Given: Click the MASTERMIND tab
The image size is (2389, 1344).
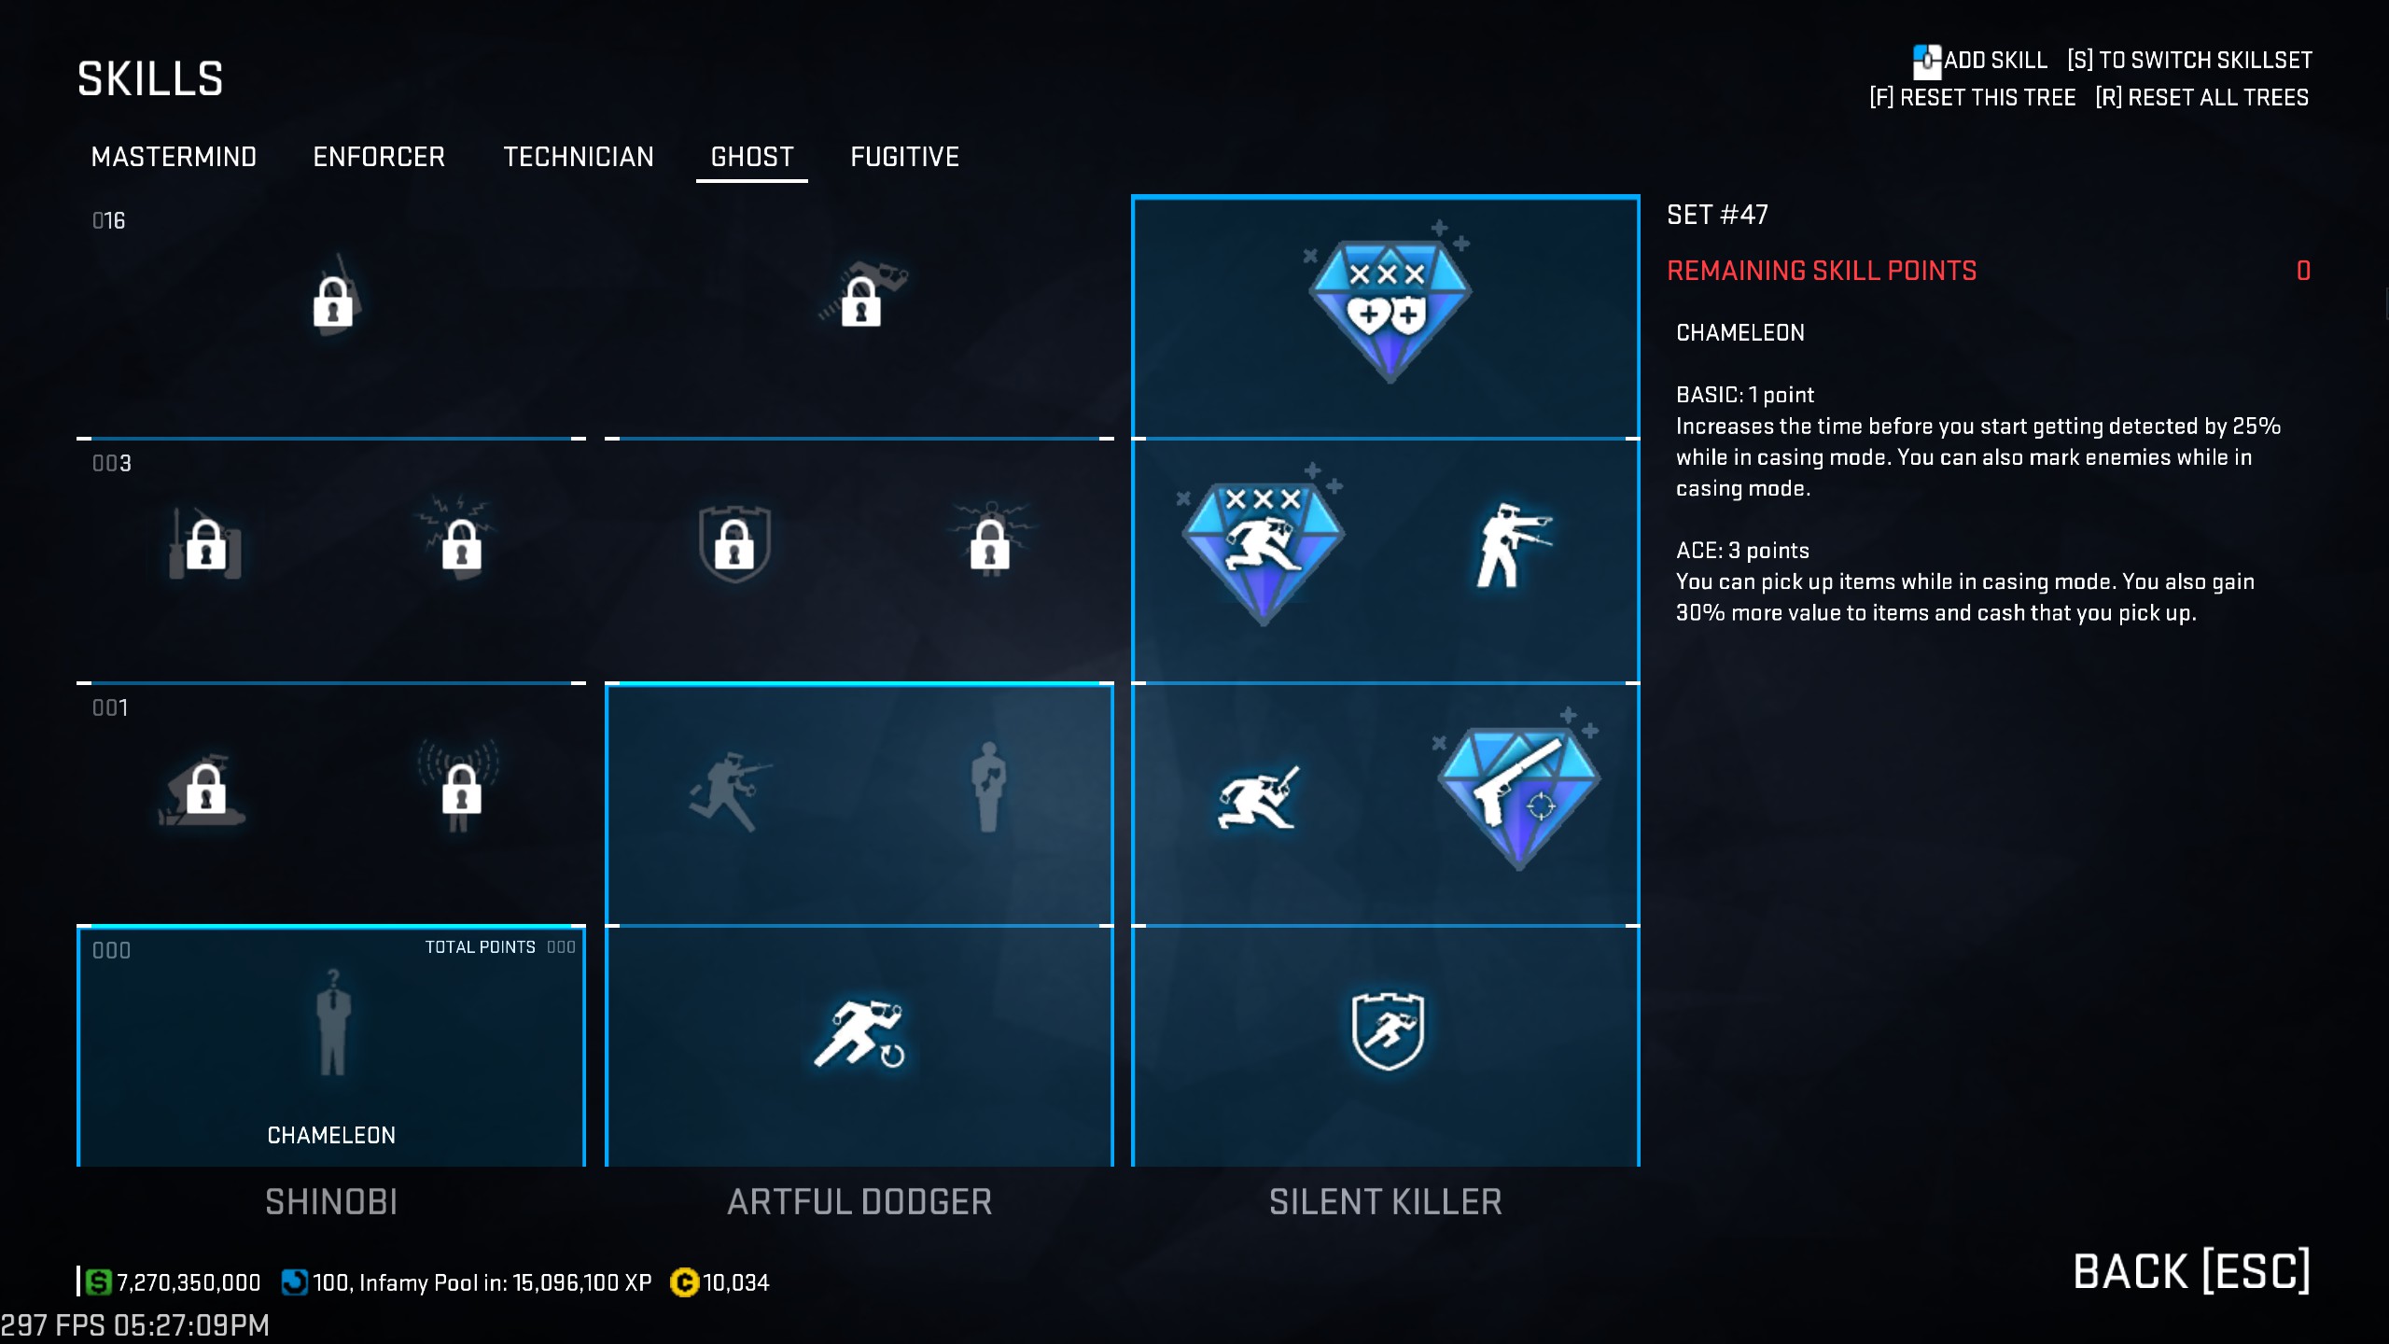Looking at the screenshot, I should pyautogui.click(x=174, y=157).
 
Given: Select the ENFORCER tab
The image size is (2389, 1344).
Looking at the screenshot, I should pyautogui.click(x=379, y=157).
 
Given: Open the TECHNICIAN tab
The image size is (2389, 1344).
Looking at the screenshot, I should pyautogui.click(x=579, y=157).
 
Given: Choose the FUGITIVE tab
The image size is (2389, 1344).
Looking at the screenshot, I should pyautogui.click(x=904, y=157).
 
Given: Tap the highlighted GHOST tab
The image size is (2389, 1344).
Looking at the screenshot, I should pyautogui.click(x=752, y=157).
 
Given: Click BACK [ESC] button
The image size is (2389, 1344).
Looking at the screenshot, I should pyautogui.click(x=2191, y=1271).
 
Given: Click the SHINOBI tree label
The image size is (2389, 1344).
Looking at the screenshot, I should pyautogui.click(x=331, y=1202).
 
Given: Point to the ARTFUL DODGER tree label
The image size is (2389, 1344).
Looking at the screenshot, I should pyautogui.click(x=859, y=1202).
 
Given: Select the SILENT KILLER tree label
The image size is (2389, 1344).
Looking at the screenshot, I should pyautogui.click(x=1386, y=1202).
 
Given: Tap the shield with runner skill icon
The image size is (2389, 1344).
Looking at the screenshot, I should pyautogui.click(x=1388, y=1030).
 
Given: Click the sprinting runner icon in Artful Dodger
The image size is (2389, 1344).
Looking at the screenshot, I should pyautogui.click(x=859, y=1034).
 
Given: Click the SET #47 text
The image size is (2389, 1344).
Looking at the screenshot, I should pyautogui.click(x=1717, y=215).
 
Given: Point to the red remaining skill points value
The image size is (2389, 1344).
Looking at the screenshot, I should pyautogui.click(x=2303, y=271).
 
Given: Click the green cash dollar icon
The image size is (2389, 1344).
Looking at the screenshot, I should pyautogui.click(x=98, y=1282).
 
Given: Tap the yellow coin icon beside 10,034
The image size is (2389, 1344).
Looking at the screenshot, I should pyautogui.click(x=684, y=1282).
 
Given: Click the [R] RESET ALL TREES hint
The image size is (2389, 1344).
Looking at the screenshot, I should pyautogui.click(x=2202, y=98).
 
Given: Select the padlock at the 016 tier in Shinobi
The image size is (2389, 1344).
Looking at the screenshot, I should pyautogui.click(x=333, y=301).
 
